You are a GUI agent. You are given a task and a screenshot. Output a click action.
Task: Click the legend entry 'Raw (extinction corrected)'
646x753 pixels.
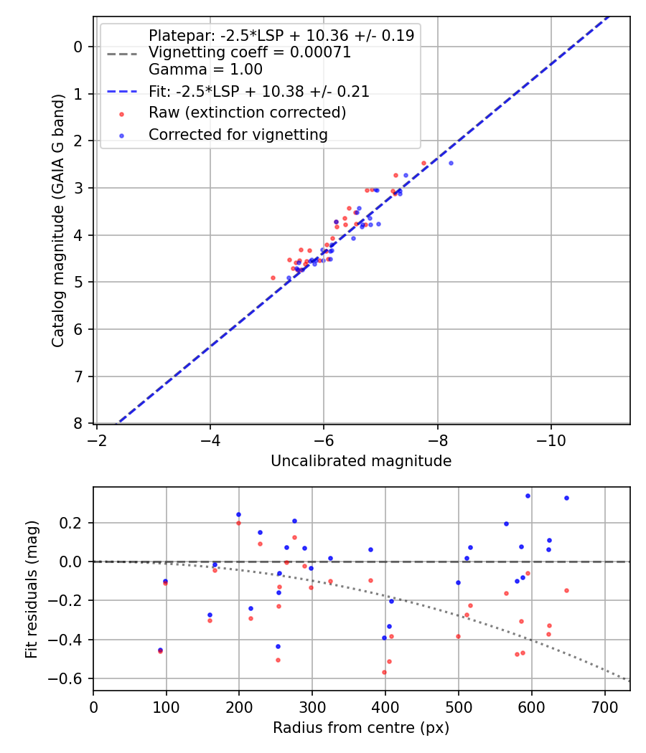247,113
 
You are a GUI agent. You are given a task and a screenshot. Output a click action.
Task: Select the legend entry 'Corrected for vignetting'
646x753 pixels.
238,135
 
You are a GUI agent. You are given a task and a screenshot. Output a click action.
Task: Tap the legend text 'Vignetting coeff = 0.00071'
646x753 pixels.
249,52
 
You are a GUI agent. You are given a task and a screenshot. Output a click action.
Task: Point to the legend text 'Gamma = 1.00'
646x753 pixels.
205,70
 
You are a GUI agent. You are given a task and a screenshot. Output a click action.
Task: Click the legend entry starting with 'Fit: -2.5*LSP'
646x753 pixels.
258,92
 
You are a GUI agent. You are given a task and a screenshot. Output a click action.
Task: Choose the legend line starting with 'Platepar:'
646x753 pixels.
281,36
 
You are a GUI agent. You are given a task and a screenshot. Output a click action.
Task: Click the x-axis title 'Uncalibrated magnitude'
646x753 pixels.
361,461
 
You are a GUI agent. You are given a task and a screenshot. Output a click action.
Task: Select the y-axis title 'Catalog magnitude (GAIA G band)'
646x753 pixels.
59,220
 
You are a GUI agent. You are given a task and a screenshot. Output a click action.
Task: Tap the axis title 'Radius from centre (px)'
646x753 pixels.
361,728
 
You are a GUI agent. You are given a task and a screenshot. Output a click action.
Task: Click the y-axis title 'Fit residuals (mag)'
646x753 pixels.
32,589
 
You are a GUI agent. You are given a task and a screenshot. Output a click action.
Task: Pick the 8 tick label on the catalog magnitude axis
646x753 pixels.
79,423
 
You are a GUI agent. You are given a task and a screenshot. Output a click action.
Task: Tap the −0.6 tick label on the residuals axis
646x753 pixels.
70,678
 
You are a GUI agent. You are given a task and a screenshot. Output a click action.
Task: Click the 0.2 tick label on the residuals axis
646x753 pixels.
74,523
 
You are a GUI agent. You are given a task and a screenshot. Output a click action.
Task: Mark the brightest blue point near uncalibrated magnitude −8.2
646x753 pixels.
451,163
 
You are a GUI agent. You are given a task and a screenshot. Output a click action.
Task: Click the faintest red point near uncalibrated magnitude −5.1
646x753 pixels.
273,278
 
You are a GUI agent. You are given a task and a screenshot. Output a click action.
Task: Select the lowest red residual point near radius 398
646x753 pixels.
384,672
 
